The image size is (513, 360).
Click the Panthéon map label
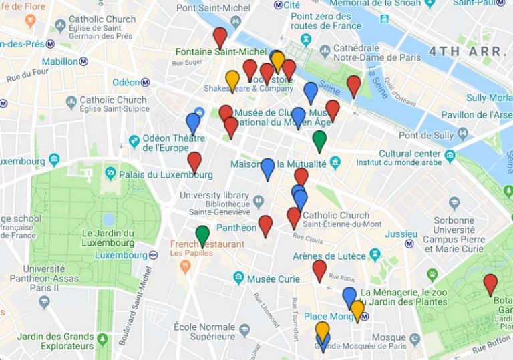pos(236,228)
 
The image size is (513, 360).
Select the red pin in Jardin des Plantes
pos(490,284)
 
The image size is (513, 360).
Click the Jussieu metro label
pos(401,234)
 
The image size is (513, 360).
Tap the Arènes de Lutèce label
pos(329,256)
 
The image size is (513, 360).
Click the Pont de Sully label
pos(436,135)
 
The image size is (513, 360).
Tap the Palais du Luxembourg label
pos(166,175)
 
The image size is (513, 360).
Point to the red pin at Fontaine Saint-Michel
pos(220,37)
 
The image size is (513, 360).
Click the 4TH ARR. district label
pos(466,51)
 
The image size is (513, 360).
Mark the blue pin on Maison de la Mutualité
pos(267,168)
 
